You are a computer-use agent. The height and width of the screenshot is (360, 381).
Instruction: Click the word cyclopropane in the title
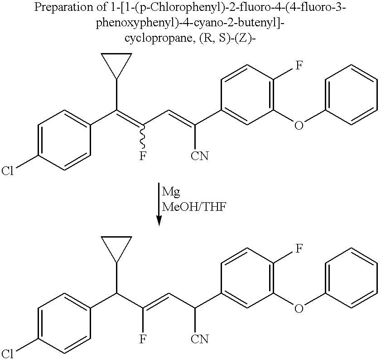point(153,38)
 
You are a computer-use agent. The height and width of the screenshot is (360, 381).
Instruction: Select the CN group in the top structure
point(199,156)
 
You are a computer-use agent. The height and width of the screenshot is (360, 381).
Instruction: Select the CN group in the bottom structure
point(199,339)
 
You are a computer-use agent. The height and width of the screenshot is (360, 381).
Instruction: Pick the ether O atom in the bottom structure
point(298,308)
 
